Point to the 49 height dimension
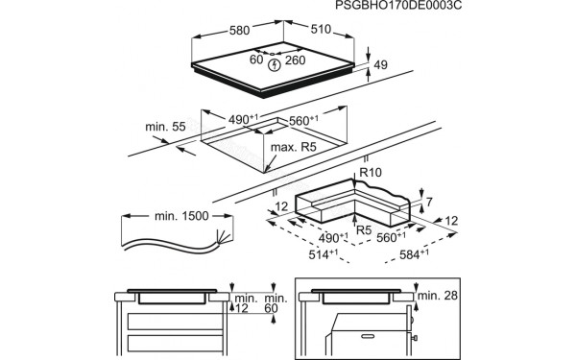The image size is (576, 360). click(x=380, y=65)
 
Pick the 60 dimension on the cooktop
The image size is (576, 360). click(x=255, y=60)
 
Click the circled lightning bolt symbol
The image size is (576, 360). click(x=276, y=64)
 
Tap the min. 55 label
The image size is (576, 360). click(x=164, y=127)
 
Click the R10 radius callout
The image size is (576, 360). click(x=369, y=174)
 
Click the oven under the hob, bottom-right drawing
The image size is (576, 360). click(x=370, y=331)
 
